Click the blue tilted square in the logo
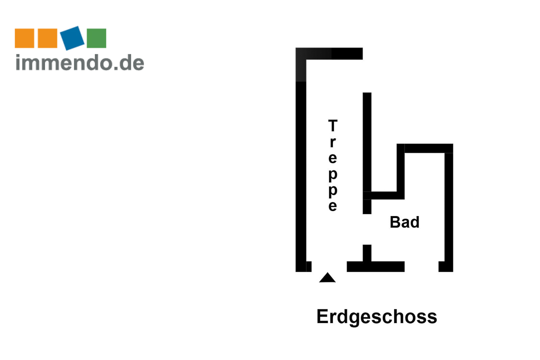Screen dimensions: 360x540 click(x=72, y=38)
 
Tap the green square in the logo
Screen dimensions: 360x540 click(x=96, y=38)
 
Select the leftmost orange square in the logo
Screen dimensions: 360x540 click(x=24, y=38)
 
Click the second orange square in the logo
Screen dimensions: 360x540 click(x=47, y=38)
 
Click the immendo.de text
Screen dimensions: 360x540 click(x=80, y=62)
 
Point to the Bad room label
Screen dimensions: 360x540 click(x=404, y=222)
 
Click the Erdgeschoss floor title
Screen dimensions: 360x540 click(x=376, y=316)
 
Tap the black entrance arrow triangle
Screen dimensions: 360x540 click(x=327, y=278)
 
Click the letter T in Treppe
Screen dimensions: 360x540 click(x=332, y=125)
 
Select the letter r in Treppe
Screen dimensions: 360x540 click(x=332, y=141)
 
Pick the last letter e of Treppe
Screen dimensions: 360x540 click(x=332, y=206)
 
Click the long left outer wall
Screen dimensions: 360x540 click(x=300, y=175)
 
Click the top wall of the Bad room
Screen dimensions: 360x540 click(x=427, y=148)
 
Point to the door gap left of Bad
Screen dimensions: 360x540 click(x=367, y=229)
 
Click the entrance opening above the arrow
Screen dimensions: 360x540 click(x=329, y=266)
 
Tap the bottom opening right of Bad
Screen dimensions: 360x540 click(x=421, y=266)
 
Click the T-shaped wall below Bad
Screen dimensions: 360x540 click(x=375, y=266)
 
